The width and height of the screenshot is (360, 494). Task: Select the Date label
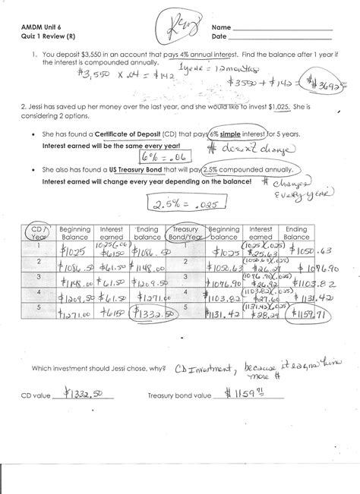click(x=219, y=36)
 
